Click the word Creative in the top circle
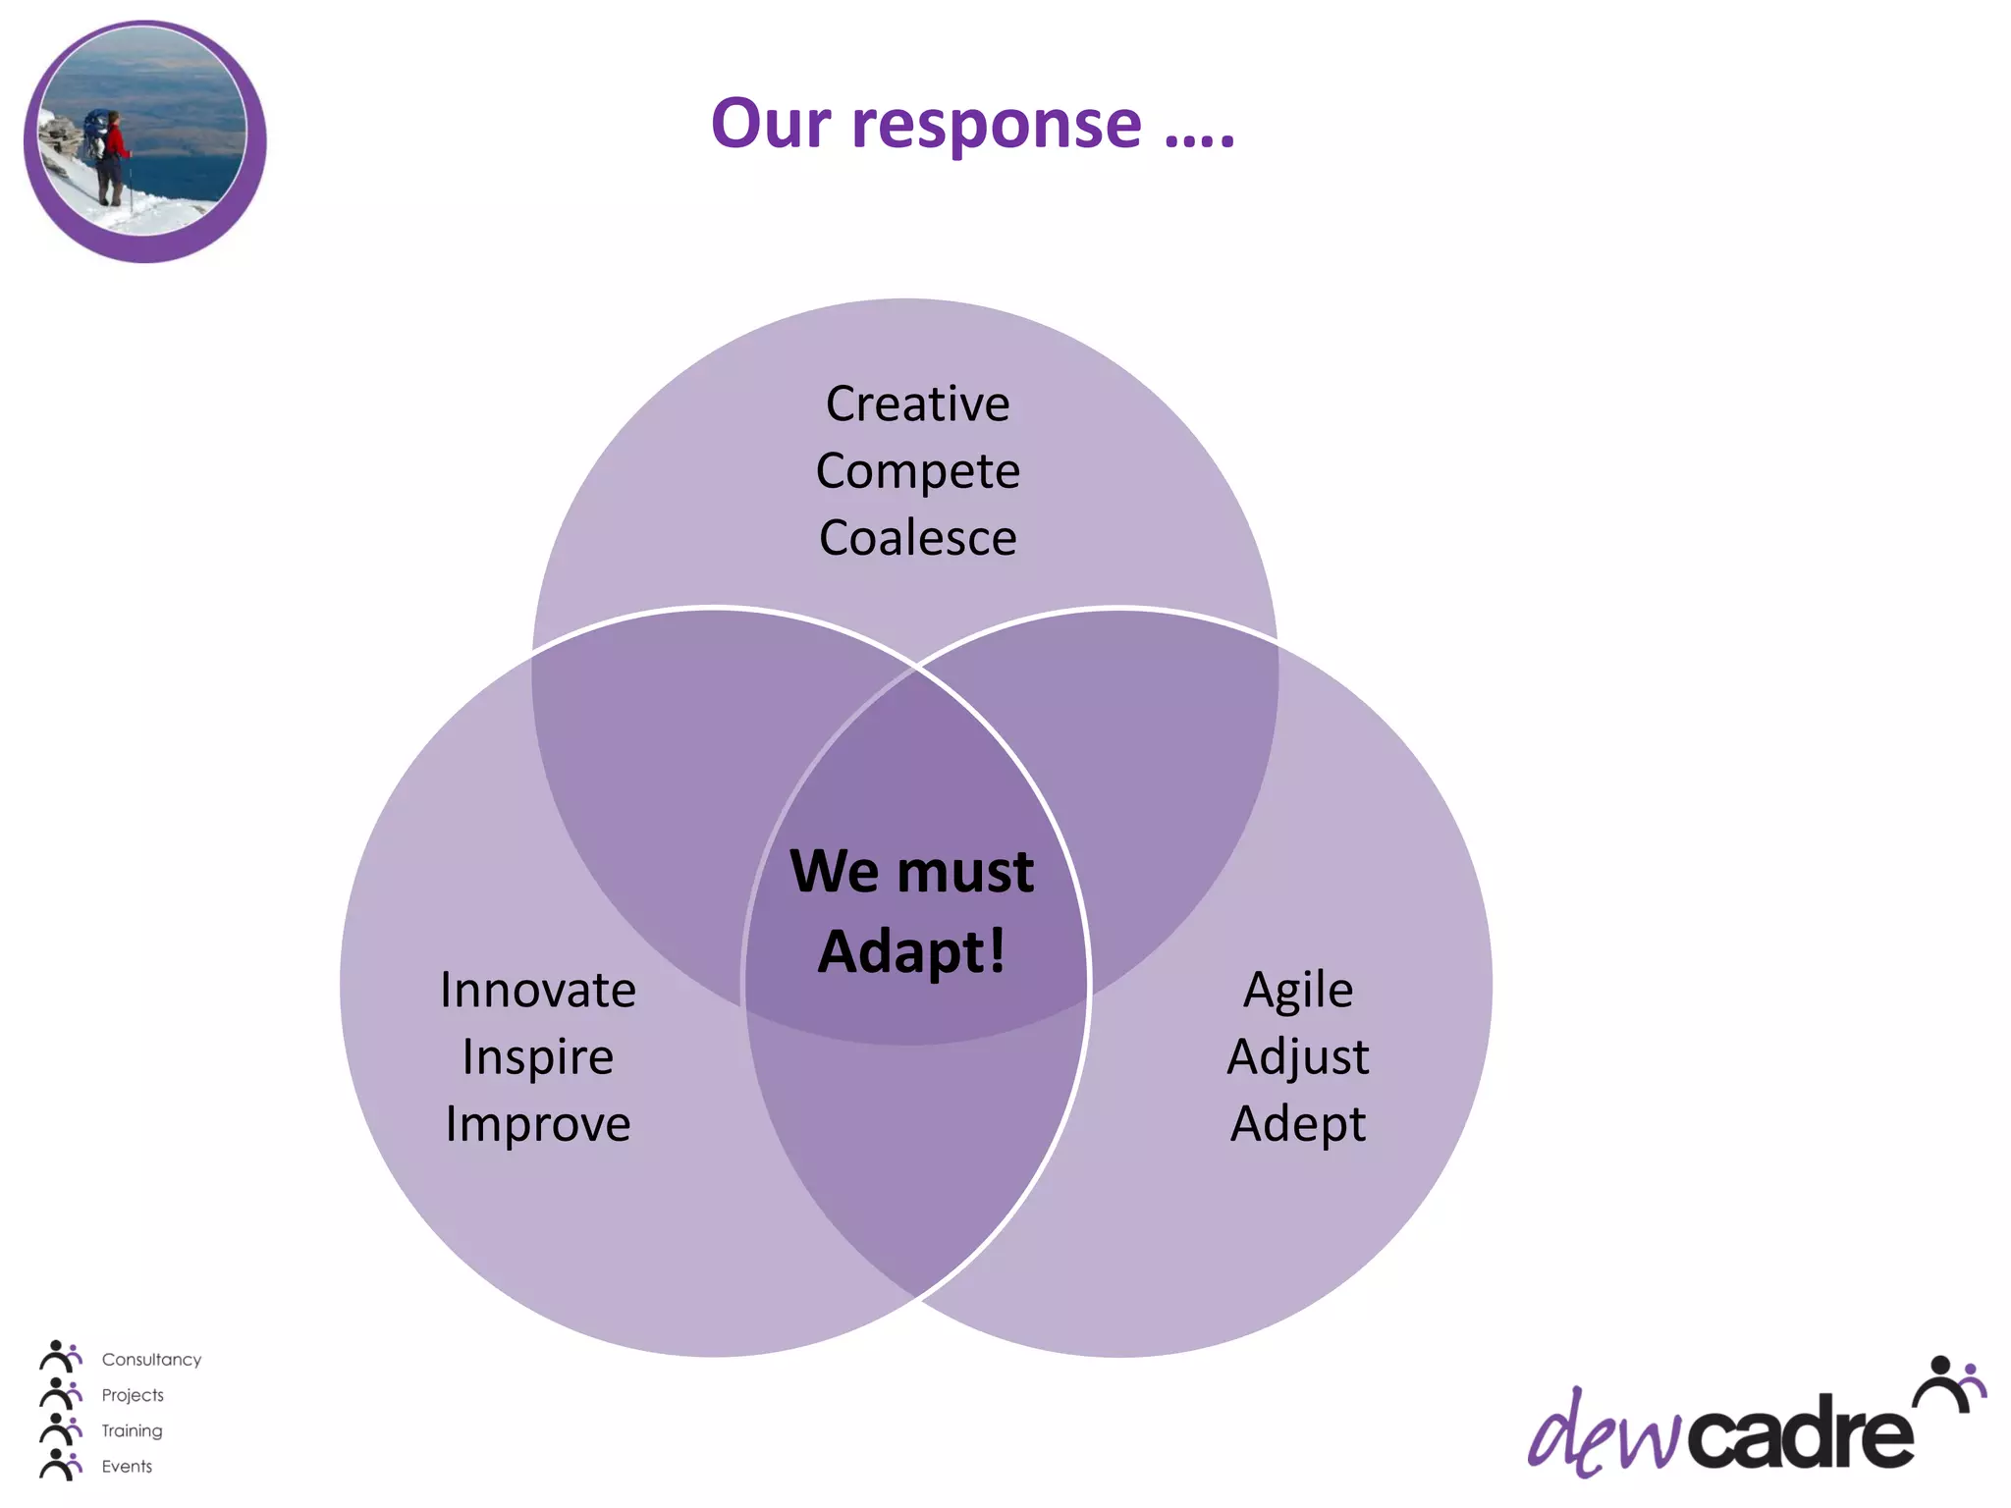coord(917,404)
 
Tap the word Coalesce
coord(917,538)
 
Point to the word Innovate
coord(537,990)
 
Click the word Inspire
coord(537,1057)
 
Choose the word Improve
coord(537,1124)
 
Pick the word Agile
coord(1297,991)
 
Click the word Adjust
coord(1297,1057)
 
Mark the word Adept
coord(1297,1124)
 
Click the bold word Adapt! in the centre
coord(911,951)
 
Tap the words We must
coord(911,871)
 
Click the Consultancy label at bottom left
coord(151,1360)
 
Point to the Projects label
coord(133,1395)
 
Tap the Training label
coord(132,1430)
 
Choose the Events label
coord(127,1466)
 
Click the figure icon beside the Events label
coord(60,1464)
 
